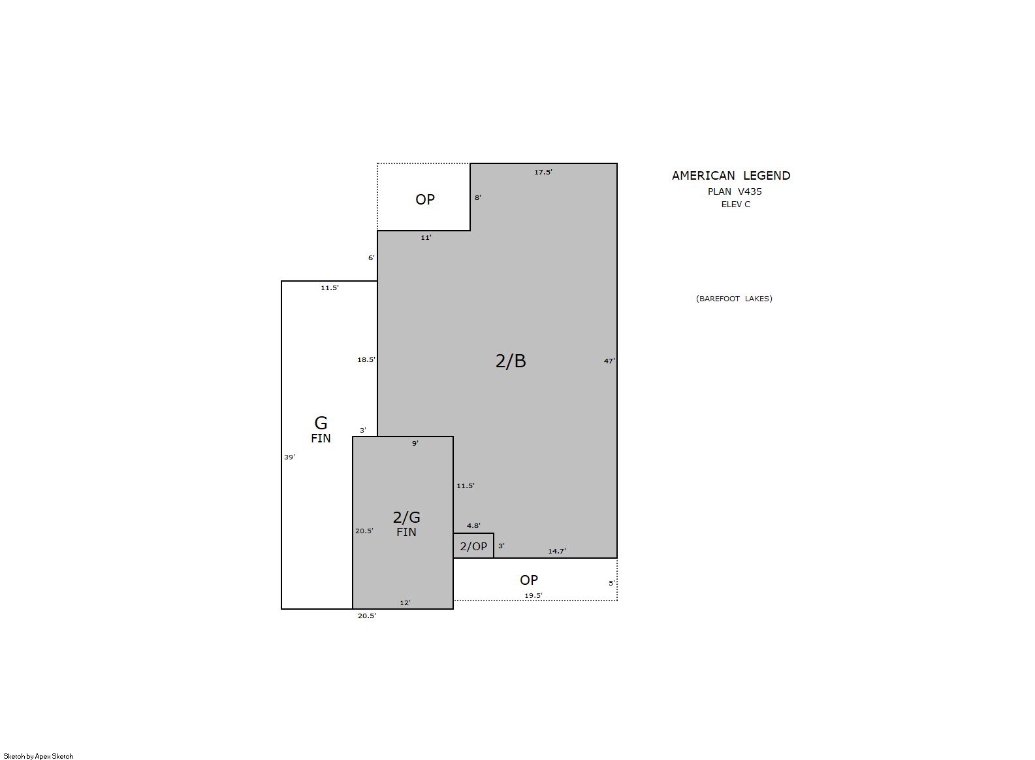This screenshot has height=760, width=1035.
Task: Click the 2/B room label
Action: pyautogui.click(x=511, y=361)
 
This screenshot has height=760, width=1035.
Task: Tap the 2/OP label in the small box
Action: pyautogui.click(x=473, y=546)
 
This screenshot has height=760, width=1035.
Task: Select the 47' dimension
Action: pyautogui.click(x=609, y=361)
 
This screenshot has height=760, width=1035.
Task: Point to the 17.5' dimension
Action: pyautogui.click(x=543, y=172)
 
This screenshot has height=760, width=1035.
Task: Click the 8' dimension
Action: pyautogui.click(x=478, y=197)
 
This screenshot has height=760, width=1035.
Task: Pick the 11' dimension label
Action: pyautogui.click(x=426, y=238)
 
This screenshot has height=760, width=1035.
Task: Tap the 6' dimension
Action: pyautogui.click(x=371, y=258)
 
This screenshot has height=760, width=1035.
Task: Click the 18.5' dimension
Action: pyautogui.click(x=366, y=359)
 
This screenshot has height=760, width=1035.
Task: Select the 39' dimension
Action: pyautogui.click(x=289, y=457)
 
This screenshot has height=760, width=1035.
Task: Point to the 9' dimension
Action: pyautogui.click(x=415, y=443)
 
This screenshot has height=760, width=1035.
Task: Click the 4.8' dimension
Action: pyautogui.click(x=473, y=525)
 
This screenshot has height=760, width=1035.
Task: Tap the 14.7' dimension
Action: pyautogui.click(x=557, y=551)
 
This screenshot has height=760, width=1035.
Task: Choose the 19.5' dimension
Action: pyautogui.click(x=533, y=595)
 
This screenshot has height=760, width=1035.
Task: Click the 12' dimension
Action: pyautogui.click(x=405, y=603)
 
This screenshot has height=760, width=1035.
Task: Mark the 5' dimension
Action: pyautogui.click(x=611, y=584)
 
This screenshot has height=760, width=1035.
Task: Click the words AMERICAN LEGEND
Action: pyautogui.click(x=731, y=176)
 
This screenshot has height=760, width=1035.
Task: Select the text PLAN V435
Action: pyautogui.click(x=735, y=191)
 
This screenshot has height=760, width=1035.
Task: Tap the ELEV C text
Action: pyautogui.click(x=735, y=205)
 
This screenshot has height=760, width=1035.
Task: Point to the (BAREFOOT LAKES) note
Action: pyautogui.click(x=734, y=299)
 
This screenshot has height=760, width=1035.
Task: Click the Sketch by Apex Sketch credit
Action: pyautogui.click(x=39, y=756)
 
